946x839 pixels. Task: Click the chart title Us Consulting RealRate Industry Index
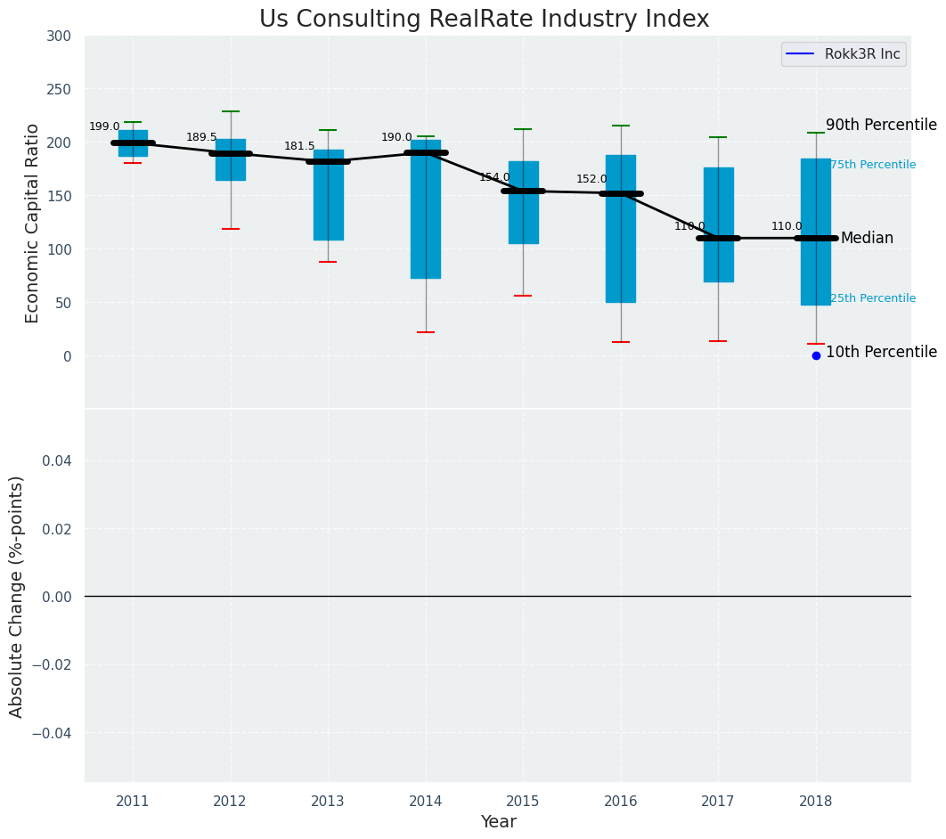(484, 20)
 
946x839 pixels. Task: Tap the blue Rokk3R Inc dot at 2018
(816, 355)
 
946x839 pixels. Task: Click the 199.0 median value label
(104, 126)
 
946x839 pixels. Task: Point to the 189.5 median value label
(201, 137)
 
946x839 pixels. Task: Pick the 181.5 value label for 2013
(299, 146)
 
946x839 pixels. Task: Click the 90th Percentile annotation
(881, 125)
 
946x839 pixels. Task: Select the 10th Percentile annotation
(881, 352)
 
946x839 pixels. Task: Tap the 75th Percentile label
(873, 165)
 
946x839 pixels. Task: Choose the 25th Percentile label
(873, 298)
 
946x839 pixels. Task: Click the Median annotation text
(867, 238)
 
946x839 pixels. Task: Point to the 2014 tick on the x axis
(426, 802)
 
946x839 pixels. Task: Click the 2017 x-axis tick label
(718, 802)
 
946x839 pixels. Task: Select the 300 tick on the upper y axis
(58, 36)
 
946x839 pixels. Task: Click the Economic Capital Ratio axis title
(32, 223)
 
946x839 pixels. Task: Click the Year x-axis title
(498, 822)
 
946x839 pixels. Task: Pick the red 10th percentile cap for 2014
(426, 332)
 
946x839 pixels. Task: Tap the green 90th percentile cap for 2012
(231, 111)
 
